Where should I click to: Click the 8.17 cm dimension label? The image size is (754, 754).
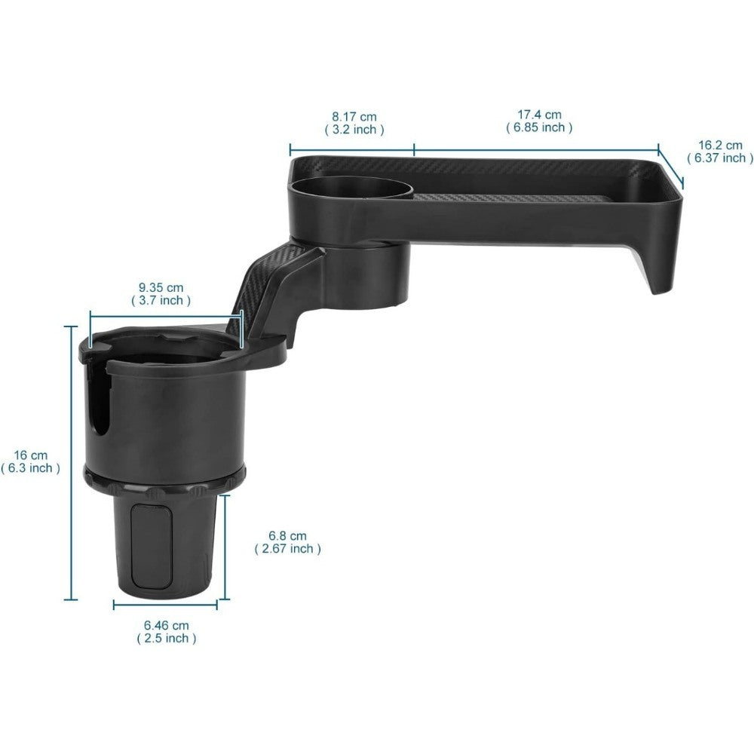coord(354,116)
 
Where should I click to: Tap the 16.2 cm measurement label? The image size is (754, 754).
coord(719,145)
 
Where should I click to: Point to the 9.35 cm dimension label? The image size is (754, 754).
coord(161,287)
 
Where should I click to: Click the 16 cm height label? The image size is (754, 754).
coord(30,455)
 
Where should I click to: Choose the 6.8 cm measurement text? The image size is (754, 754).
coord(287,536)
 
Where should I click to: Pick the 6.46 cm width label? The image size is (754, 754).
coord(166,625)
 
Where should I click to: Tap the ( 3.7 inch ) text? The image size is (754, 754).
coord(161,300)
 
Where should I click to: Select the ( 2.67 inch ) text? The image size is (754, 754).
coord(287,549)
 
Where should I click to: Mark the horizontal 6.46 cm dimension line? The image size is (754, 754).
coord(166,604)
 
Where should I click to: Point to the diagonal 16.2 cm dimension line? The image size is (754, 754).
coord(671,167)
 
